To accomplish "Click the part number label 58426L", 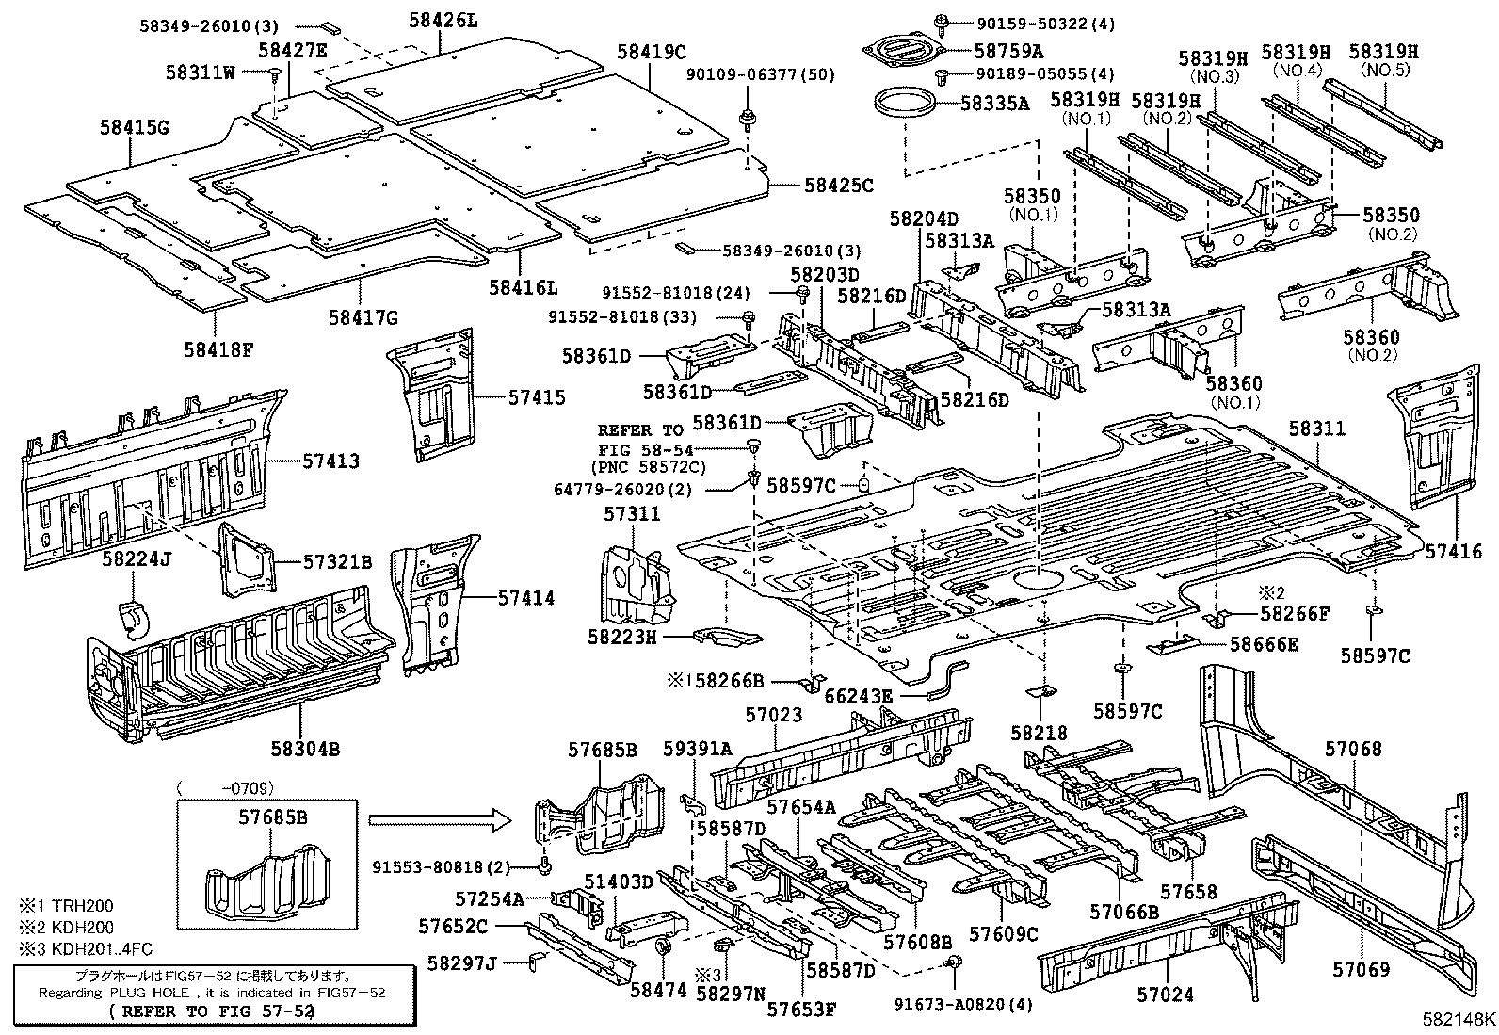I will (443, 18).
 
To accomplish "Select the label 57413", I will (330, 461).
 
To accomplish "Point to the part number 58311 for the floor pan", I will (1316, 429).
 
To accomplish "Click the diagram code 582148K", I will (1459, 1020).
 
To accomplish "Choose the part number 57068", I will (1353, 749).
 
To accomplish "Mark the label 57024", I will (1166, 994).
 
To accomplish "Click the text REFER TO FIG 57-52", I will (213, 1011).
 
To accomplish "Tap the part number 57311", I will (632, 513).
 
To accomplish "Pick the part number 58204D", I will (924, 218).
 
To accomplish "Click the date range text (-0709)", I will (227, 786).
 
